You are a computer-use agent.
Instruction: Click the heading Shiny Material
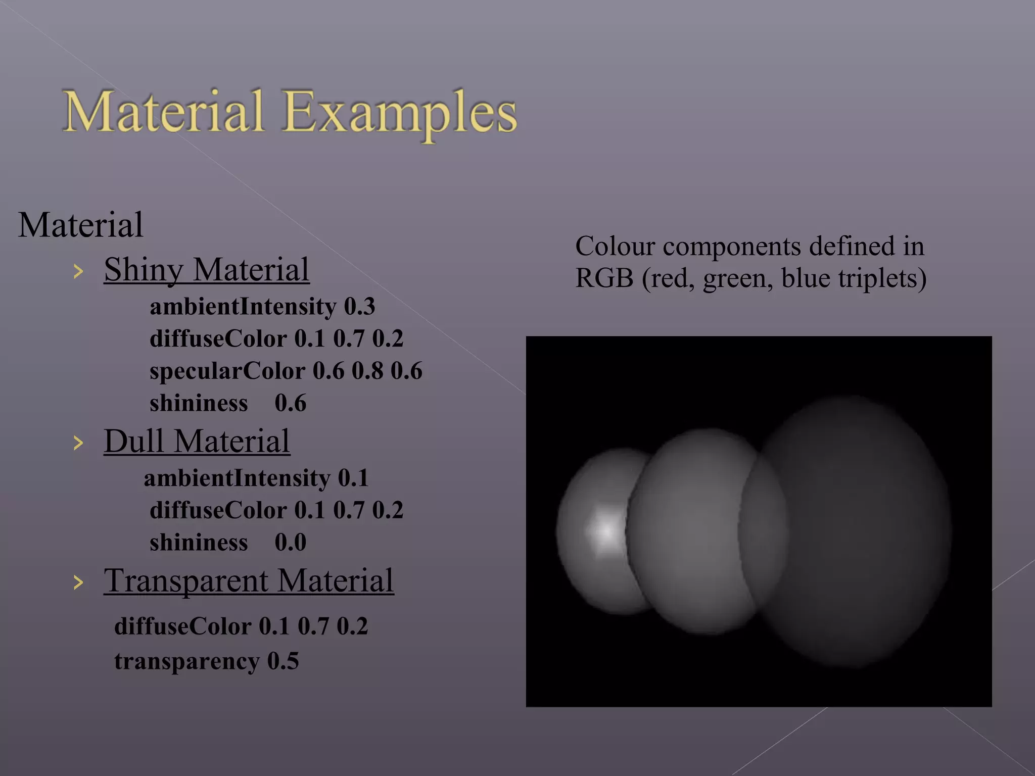[x=206, y=270]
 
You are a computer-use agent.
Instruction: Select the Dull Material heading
[x=197, y=441]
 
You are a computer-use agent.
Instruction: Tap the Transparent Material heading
[x=249, y=580]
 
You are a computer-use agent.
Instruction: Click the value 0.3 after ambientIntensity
[x=359, y=307]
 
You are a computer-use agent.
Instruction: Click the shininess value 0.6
[x=290, y=404]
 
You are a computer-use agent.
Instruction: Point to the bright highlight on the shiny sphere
[x=605, y=530]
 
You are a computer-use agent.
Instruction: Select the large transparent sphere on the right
[x=859, y=530]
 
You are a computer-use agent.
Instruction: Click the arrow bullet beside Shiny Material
[x=78, y=272]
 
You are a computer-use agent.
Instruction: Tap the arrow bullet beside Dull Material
[x=78, y=443]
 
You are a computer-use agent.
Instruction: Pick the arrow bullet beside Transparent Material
[x=78, y=583]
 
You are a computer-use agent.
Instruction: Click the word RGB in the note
[x=604, y=278]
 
